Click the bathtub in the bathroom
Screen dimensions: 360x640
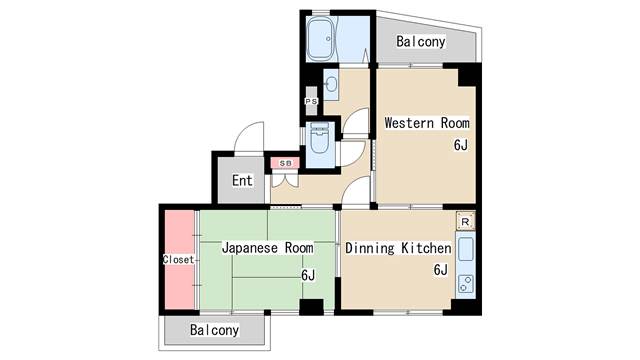[x=322, y=41]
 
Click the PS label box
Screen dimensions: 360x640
[x=311, y=101]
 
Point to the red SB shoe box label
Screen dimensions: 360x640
[x=285, y=162]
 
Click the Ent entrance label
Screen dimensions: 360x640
[x=243, y=181]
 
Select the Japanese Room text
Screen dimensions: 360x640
[x=267, y=247]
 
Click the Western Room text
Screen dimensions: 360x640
[x=427, y=123]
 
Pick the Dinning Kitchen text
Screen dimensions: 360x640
[x=398, y=248]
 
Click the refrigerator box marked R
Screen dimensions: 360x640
[x=465, y=222]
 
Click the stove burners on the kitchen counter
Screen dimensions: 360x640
[x=466, y=282]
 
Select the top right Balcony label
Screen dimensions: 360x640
[x=420, y=42]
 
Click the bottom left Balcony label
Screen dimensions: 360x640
[x=215, y=329]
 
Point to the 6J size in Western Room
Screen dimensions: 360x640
[x=460, y=146]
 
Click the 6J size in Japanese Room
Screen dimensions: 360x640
[x=308, y=276]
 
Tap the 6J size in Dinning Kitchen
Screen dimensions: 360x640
[x=440, y=270]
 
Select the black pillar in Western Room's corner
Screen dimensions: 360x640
[x=466, y=76]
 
